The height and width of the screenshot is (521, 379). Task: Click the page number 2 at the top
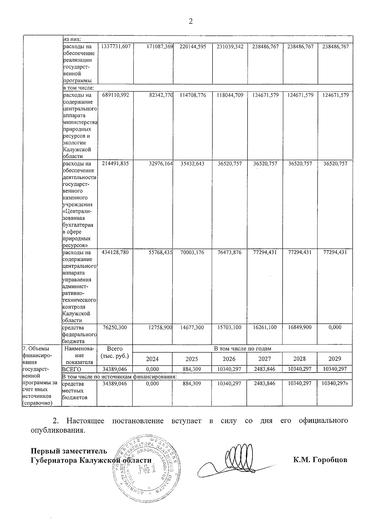point(190,21)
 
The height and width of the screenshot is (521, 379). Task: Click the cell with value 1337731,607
point(115,46)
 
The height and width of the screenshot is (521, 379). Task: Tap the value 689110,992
point(115,95)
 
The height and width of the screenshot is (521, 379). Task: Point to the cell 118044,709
point(230,95)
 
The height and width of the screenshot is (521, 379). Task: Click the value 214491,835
point(115,163)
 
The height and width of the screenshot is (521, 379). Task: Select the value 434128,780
point(115,252)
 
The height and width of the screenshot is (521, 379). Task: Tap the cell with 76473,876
point(230,252)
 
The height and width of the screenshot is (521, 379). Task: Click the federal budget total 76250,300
point(115,327)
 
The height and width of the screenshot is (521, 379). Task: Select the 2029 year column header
point(334,359)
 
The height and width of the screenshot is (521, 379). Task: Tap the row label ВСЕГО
point(72,369)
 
